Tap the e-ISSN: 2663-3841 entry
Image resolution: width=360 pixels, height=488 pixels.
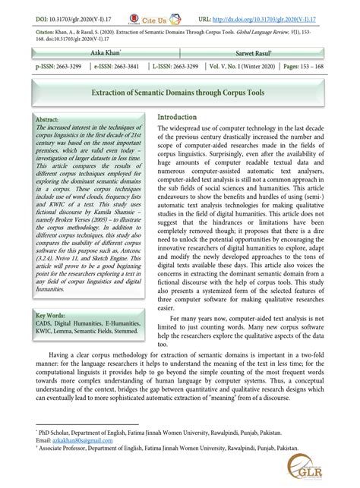pos(118,68)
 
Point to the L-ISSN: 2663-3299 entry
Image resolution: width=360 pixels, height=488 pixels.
pos(178,68)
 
